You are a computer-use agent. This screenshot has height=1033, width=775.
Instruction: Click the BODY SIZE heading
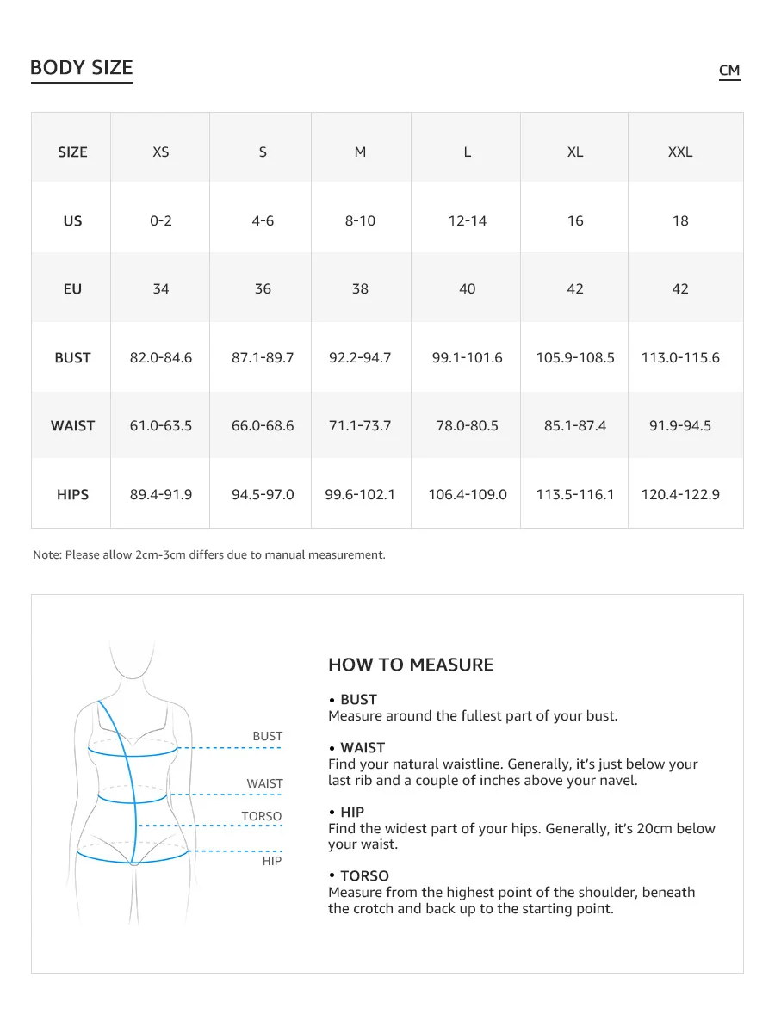81,68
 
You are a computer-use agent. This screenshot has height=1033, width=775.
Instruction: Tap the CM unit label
729,71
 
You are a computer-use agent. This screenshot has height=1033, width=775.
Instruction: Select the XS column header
161,152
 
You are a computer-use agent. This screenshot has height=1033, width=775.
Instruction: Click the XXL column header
680,152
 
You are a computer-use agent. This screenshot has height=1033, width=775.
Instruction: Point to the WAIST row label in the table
72,426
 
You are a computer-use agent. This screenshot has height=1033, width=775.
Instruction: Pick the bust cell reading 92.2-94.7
360,357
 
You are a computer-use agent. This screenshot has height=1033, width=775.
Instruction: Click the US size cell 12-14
468,220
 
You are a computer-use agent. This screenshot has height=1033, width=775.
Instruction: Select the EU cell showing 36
263,289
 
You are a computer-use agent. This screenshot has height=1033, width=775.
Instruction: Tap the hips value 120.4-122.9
680,494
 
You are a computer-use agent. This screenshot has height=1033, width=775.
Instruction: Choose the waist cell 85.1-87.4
575,426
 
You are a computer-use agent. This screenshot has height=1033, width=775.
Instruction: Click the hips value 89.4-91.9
161,494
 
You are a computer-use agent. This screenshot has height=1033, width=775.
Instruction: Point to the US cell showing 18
680,220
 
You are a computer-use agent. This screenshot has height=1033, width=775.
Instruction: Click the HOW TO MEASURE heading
411,665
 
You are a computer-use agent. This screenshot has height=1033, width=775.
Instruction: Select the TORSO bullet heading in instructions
364,876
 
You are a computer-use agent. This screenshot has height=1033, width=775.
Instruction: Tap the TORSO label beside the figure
261,816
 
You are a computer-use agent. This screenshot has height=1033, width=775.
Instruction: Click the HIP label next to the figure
271,861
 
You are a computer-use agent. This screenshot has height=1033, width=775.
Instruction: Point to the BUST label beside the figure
267,736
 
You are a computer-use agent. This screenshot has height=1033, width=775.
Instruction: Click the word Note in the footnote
46,555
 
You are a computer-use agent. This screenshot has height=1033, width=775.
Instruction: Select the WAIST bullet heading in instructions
363,748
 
